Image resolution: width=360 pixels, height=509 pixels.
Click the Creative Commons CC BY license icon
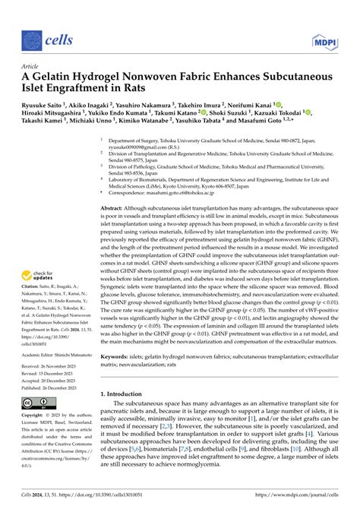(38, 403)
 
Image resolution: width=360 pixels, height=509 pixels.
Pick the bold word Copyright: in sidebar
(35, 417)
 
